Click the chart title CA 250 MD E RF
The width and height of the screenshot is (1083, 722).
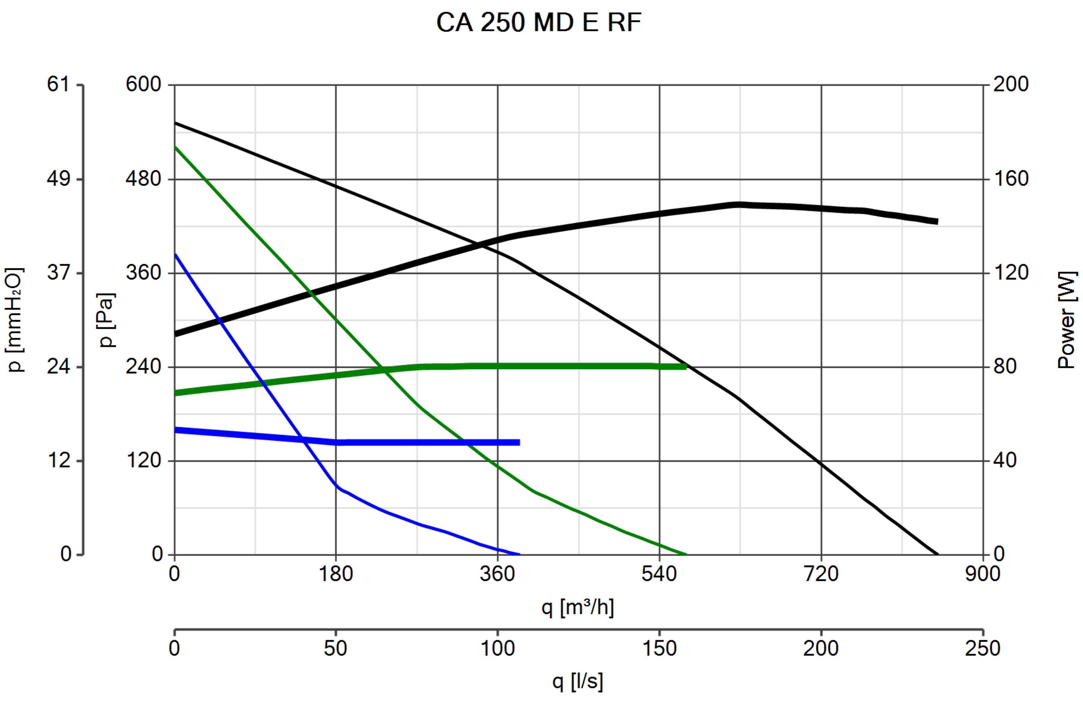tap(539, 22)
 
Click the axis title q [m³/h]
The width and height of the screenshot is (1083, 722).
tap(577, 608)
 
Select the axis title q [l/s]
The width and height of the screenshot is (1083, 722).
tap(577, 681)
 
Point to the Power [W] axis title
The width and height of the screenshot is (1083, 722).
tap(1066, 320)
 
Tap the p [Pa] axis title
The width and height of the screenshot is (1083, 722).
tap(106, 320)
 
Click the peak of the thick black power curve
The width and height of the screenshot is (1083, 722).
tap(739, 205)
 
